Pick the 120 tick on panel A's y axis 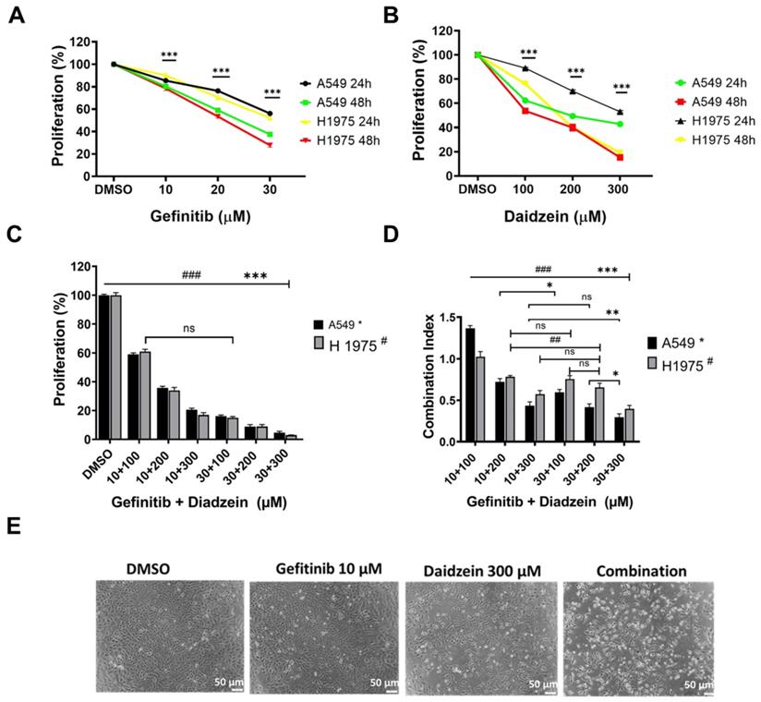[81, 42]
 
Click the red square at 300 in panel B [619, 158]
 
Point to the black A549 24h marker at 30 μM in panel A [269, 114]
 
